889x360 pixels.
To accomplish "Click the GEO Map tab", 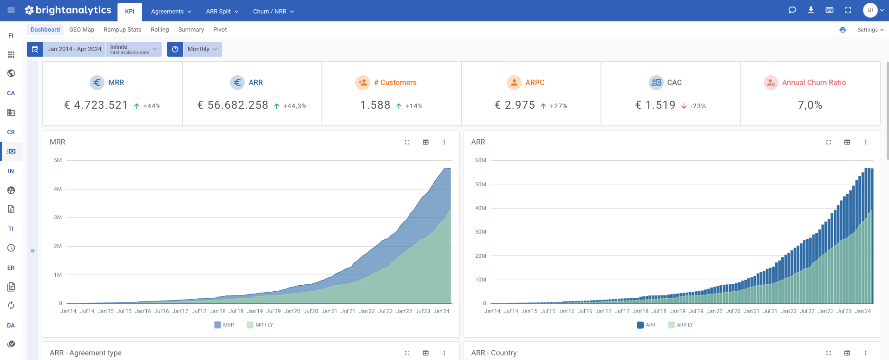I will click(x=81, y=30).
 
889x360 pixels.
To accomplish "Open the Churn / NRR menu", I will click(x=273, y=12).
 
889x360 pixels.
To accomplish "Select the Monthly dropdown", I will click(x=202, y=49).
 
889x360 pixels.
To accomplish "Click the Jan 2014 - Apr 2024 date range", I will click(x=74, y=49).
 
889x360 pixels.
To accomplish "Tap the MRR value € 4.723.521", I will click(x=96, y=105).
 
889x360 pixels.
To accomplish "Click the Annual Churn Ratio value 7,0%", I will click(x=810, y=105).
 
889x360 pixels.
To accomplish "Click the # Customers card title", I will click(x=398, y=83).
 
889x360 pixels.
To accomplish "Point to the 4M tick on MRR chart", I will click(x=58, y=189).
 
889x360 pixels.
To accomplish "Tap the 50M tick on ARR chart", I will click(x=480, y=184).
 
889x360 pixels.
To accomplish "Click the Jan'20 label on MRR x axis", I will click(x=292, y=311).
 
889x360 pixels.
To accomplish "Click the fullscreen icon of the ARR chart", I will click(x=828, y=142).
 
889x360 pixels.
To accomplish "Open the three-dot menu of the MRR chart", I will click(x=444, y=142).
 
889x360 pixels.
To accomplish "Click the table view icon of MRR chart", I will click(x=425, y=142).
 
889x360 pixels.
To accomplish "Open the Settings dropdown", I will click(x=870, y=30).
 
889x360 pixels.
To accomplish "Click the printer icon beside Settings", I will click(x=843, y=30).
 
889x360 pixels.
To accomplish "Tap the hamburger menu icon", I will click(x=11, y=10).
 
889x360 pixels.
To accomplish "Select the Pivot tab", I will click(x=220, y=30).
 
